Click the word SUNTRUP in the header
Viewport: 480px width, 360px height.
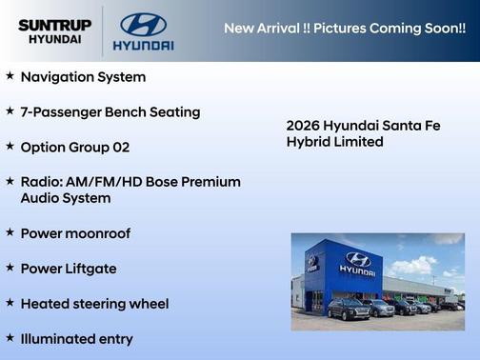point(55,25)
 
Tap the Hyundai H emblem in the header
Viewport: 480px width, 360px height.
point(143,25)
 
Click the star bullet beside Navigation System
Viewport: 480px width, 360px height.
point(10,76)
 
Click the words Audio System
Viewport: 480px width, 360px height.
point(66,198)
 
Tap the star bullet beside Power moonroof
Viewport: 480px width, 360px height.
point(10,232)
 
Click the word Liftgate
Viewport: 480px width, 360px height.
point(90,269)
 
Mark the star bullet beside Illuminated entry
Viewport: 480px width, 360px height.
point(10,338)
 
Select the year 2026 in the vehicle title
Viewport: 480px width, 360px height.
point(303,125)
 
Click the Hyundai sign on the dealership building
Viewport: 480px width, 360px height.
point(358,262)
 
